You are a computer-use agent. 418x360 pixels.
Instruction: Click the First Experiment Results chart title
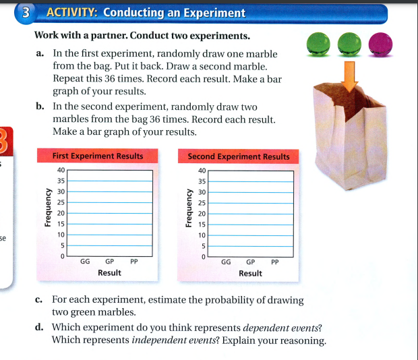pos(98,156)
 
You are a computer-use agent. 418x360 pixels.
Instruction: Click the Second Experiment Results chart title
pos(239,156)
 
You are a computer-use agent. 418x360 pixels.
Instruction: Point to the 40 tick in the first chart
pos(61,171)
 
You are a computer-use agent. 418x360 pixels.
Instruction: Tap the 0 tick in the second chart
pos(201,257)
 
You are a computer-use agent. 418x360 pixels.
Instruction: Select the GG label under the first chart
pos(86,262)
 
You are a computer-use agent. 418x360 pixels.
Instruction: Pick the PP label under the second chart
pos(275,262)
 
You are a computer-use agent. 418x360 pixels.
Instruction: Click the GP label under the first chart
pos(110,262)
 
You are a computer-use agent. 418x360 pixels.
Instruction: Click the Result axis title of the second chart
pos(250,273)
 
